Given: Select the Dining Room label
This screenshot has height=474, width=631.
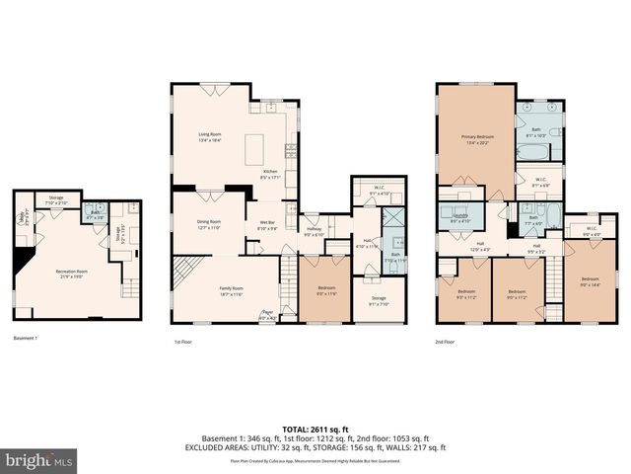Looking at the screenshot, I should point(208,223).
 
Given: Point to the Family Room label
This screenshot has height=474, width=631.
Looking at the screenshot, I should point(231,289).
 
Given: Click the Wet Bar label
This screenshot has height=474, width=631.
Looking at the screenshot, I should point(268,226).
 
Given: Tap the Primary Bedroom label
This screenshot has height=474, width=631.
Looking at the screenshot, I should point(476,138).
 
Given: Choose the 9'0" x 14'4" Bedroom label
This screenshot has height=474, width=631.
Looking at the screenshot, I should point(590,281).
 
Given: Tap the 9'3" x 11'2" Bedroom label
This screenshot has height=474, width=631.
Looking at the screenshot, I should point(466,293).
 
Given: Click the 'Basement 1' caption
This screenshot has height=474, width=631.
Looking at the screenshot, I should point(26,339).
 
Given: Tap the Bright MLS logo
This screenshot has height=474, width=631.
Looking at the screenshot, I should point(39,460).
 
